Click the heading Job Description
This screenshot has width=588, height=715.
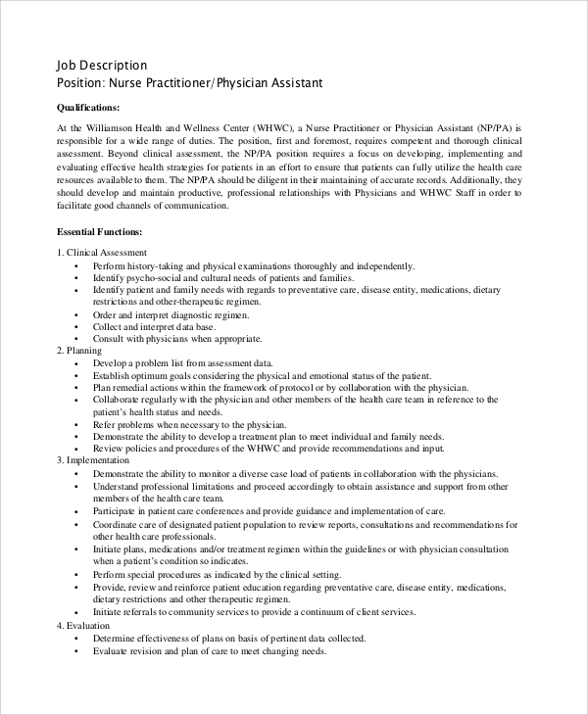pos(103,66)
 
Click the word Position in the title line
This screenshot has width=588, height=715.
pos(83,83)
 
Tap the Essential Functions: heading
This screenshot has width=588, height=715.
pos(100,232)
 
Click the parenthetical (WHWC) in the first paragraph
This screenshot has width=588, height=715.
pos(269,128)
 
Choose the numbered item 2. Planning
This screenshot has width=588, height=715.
pos(79,350)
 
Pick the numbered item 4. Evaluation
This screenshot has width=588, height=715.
pos(83,625)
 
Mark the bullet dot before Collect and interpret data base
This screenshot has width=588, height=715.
pos(76,327)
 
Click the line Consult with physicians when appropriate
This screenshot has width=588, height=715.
pos(177,339)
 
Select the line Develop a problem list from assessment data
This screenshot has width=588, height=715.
pos(182,362)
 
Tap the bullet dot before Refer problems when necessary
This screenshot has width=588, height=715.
pos(76,424)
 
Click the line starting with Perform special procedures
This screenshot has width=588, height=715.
pos(217,575)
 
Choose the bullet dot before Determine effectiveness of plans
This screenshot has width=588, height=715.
pos(76,638)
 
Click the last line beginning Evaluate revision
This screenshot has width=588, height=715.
pos(209,650)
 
